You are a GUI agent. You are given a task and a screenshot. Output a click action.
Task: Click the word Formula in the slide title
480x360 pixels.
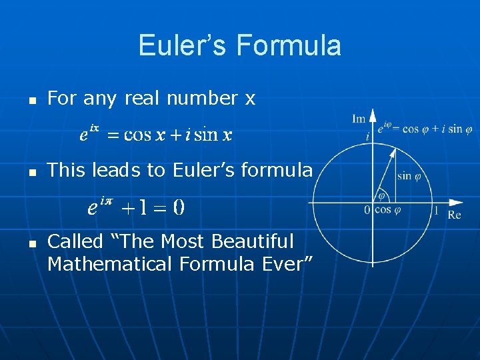pyautogui.click(x=288, y=46)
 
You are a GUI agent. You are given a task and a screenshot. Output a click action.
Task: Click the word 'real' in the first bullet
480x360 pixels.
pyautogui.click(x=145, y=99)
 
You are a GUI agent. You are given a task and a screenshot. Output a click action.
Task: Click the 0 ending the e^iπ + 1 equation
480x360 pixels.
pyautogui.click(x=179, y=208)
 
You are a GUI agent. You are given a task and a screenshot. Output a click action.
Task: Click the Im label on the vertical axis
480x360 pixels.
pyautogui.click(x=359, y=119)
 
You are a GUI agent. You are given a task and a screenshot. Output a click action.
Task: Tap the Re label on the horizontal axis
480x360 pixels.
pyautogui.click(x=454, y=215)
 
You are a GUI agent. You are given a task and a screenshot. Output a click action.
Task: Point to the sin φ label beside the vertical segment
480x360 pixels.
pyautogui.click(x=413, y=176)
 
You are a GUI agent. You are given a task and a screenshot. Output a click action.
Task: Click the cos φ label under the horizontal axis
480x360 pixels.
pyautogui.click(x=387, y=210)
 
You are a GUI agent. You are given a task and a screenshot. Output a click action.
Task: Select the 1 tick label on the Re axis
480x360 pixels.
pyautogui.click(x=436, y=211)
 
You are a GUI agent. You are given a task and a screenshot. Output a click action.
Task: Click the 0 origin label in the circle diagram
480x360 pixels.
pyautogui.click(x=367, y=211)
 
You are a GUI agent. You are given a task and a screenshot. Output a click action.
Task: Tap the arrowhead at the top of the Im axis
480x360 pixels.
pyautogui.click(x=373, y=115)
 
